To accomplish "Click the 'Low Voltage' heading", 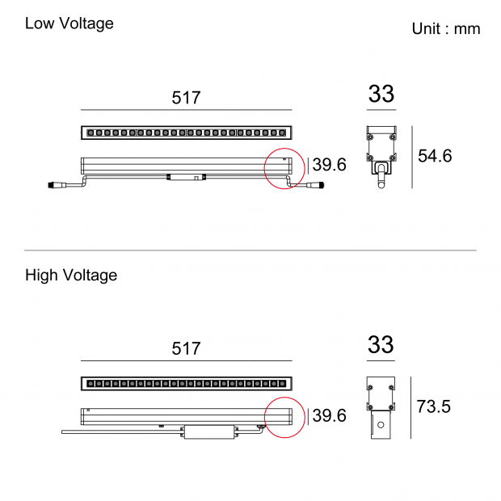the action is tap(69, 23).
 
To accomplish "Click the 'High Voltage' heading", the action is tap(71, 276).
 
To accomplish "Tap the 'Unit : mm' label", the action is tap(446, 29).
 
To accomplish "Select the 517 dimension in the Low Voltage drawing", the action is tap(186, 98).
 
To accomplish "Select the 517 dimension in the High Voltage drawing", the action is tap(186, 348).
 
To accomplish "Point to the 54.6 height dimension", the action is tap(435, 156).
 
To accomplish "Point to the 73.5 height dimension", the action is tap(434, 406).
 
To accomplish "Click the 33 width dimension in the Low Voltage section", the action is tap(381, 94).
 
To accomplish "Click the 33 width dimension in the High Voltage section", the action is tap(381, 344).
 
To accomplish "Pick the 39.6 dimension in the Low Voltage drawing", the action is tap(330, 165).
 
